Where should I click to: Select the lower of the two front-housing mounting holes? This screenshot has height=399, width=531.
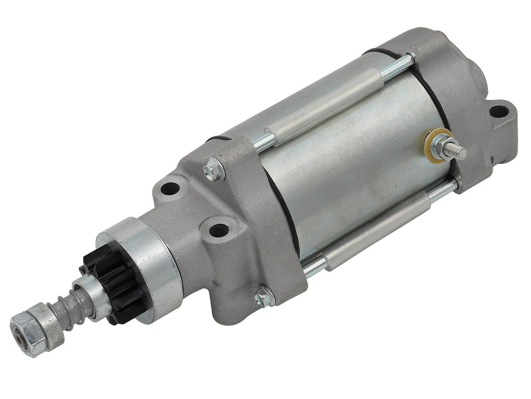[x=217, y=230]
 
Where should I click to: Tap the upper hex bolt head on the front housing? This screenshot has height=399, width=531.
[x=214, y=168]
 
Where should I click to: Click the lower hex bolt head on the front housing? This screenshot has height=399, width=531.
[x=264, y=298]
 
